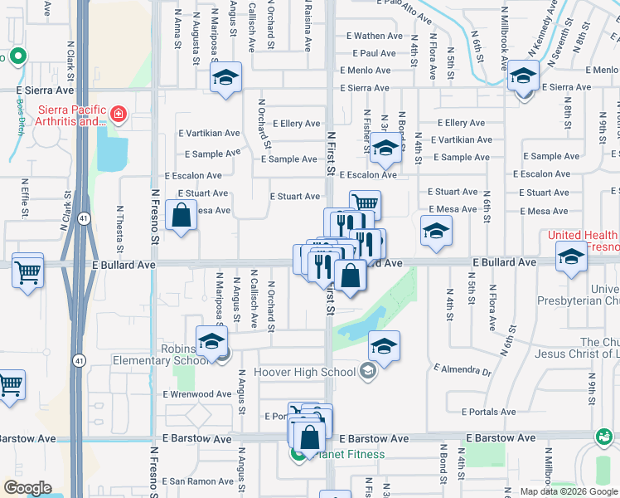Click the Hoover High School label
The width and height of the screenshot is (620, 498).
tap(304, 372)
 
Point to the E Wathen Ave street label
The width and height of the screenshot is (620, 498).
tap(374, 36)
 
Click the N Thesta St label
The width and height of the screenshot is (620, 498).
tap(120, 229)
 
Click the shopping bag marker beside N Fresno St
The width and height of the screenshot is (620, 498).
tap(182, 217)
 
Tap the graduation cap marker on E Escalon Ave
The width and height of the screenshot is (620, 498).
tap(385, 149)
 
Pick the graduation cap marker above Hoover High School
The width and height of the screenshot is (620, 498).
tap(384, 347)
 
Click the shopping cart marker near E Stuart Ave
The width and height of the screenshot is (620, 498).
tap(365, 203)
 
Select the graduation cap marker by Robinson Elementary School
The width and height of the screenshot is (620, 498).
tap(211, 341)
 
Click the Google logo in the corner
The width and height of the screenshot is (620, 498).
tap(27, 488)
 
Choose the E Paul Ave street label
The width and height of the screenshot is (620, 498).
tap(372, 53)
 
